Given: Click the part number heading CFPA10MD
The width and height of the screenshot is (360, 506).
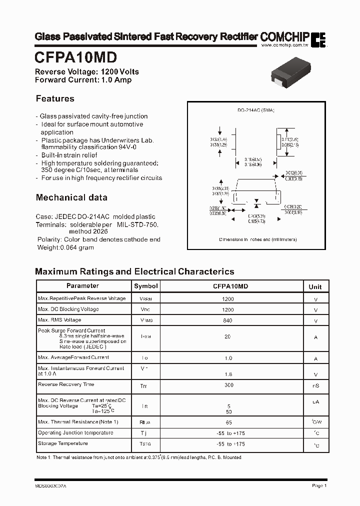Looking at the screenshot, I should tap(76, 57).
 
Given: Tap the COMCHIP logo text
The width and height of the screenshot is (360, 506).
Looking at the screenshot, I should tap(284, 37).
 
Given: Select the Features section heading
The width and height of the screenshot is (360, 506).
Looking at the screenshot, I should tap(55, 98).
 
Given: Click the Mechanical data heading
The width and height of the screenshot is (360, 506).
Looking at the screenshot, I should tap(71, 197).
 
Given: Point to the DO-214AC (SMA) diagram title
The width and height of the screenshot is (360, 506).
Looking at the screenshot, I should tap(255, 110).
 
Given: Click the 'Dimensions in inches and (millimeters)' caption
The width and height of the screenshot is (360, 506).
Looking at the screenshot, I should tap(257, 239).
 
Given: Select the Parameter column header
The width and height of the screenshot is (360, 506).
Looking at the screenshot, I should tap(82, 286).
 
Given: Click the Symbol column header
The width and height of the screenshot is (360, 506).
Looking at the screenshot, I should tap(145, 286).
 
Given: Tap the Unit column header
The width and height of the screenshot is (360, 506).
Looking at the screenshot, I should tap(315, 286).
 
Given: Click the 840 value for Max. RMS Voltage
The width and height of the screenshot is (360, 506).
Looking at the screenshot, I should tap(227, 320).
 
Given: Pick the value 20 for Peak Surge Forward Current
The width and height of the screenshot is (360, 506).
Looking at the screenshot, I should tap(227, 337).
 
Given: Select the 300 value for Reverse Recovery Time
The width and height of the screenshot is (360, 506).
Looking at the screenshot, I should tap(227, 385).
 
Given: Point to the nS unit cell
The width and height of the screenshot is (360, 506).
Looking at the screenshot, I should tap(315, 386).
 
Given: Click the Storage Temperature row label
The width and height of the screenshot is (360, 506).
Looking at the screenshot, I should tap(63, 443).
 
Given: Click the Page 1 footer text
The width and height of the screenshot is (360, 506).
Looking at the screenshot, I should tap(319, 485).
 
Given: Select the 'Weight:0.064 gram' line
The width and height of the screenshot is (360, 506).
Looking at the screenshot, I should tap(65, 247).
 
